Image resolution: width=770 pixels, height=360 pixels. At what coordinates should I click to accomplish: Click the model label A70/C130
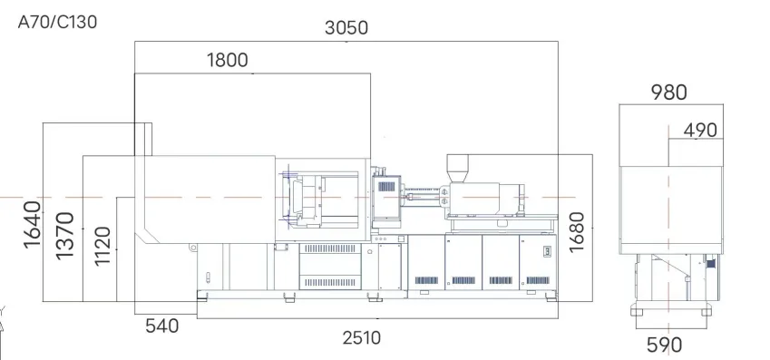tap(57, 22)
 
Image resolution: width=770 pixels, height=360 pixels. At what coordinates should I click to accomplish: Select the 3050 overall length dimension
tap(346, 28)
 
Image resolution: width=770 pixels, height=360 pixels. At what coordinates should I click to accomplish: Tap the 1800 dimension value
tap(228, 60)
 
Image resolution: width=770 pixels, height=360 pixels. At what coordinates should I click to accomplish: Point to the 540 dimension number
tap(162, 326)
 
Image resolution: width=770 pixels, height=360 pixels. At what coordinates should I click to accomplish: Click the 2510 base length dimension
tap(362, 338)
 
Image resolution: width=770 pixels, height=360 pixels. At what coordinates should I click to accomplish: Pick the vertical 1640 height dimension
tap(32, 224)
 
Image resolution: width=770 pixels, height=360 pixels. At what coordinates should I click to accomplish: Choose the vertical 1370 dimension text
tap(64, 235)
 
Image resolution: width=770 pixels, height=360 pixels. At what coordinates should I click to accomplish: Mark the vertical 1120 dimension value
tap(102, 246)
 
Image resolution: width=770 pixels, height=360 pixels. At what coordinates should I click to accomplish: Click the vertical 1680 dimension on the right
tap(577, 232)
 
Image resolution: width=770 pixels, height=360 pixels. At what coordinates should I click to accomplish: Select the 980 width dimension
tap(668, 92)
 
